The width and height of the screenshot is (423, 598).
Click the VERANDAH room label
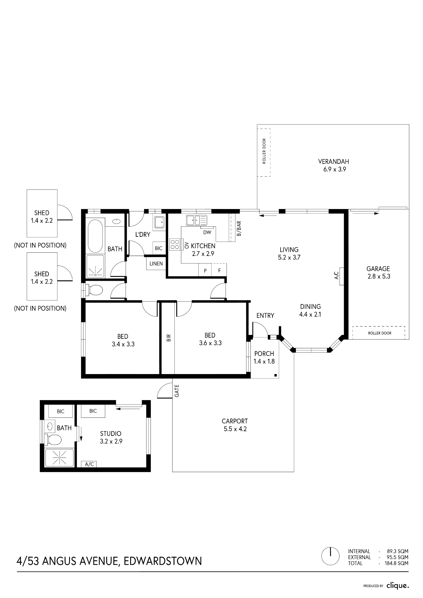pos(334,161)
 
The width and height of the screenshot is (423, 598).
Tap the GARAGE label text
pos(378,269)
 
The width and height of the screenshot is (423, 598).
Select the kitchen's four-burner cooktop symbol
pos(175,244)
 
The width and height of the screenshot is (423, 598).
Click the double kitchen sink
pos(196,220)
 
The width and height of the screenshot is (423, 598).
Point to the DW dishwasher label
pos(207,232)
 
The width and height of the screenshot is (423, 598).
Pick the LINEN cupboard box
pos(156,264)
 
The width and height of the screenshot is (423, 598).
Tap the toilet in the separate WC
pos(94,290)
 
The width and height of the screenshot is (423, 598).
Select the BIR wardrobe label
pos(168,338)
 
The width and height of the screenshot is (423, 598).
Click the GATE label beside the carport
pos(177,391)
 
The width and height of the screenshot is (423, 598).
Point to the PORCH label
pos(264,354)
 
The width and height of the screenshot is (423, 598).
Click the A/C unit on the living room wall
pos(341,276)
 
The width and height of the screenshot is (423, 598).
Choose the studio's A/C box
pos(89,464)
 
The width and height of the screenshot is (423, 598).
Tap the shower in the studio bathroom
pos(59,458)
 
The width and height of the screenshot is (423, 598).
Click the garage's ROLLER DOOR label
pos(380,333)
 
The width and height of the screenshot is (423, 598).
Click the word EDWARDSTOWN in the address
pos(162,561)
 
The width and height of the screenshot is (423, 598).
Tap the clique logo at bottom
pos(397,586)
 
